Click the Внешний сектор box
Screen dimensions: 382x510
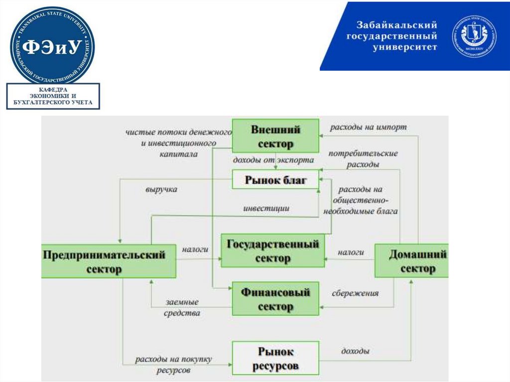click(x=275, y=136)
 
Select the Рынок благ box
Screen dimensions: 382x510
click(x=275, y=179)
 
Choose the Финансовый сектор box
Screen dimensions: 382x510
click(x=275, y=298)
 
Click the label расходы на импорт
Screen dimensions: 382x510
click(x=368, y=127)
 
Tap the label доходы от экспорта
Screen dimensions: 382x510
click(x=273, y=160)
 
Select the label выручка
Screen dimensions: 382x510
click(x=161, y=190)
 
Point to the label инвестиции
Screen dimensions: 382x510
click(x=266, y=208)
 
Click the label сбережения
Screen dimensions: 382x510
click(x=355, y=293)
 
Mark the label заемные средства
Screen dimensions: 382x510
click(x=183, y=307)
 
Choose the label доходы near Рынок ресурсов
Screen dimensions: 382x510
click(x=355, y=351)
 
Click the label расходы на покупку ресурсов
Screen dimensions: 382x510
click(x=173, y=365)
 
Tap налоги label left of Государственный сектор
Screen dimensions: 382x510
click(x=195, y=249)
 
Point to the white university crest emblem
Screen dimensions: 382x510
click(x=474, y=35)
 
